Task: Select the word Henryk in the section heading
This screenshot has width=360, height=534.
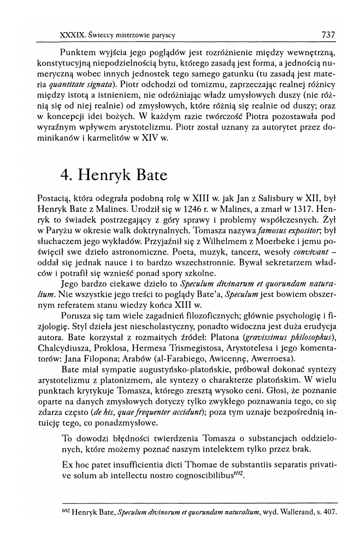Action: (104, 177)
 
